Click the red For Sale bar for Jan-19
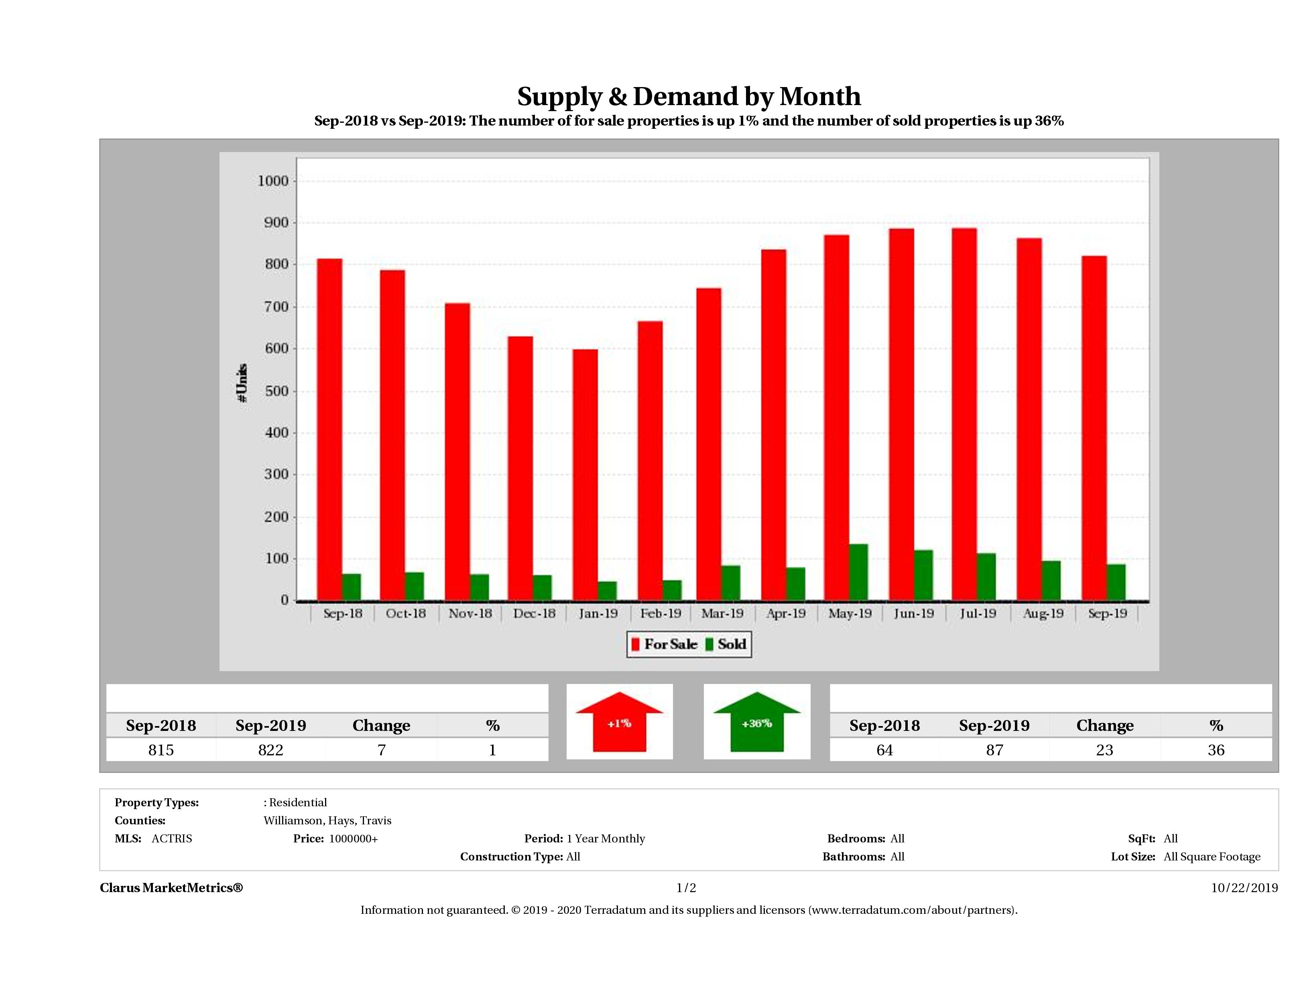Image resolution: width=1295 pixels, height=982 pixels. point(585,475)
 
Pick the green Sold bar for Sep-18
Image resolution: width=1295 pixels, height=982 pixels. point(351,586)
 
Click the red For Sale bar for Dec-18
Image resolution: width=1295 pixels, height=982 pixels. point(520,468)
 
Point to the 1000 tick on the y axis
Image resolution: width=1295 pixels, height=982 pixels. point(273,181)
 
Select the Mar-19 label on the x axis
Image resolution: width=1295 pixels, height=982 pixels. point(722,613)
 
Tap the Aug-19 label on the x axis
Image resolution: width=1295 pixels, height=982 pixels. point(1043,613)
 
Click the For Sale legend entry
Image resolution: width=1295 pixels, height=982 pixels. point(665,644)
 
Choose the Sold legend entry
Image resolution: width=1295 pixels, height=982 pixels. point(726,644)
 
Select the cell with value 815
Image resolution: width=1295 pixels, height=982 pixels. point(161,750)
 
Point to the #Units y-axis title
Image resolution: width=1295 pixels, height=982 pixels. point(242,383)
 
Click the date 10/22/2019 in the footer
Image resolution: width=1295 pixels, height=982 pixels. point(1244,888)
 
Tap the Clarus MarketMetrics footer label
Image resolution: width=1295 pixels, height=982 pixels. point(171,888)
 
